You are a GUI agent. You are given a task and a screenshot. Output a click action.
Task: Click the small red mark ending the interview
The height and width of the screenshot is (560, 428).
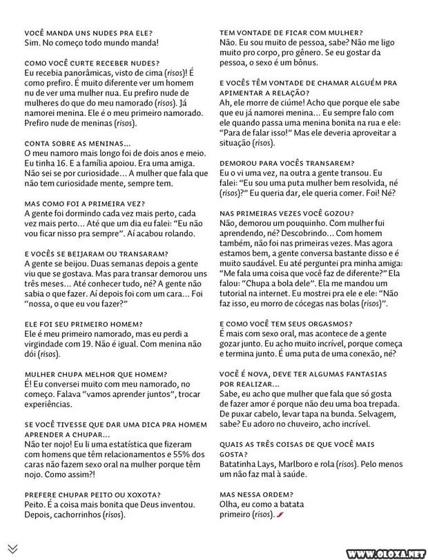pos(280,515)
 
